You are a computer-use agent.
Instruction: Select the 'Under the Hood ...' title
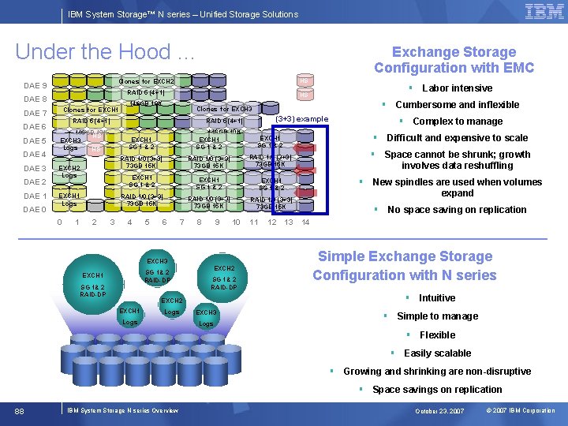pos(104,52)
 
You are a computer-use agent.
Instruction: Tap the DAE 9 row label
pos(35,85)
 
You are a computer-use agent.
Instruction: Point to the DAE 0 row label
pos(35,210)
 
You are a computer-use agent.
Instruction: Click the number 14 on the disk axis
pos(305,222)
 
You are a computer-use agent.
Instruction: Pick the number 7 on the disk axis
pos(181,222)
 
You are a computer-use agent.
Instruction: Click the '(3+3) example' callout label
pos(301,119)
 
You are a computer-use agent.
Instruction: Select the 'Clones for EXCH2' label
pos(146,82)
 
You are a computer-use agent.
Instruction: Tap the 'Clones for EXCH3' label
pos(224,109)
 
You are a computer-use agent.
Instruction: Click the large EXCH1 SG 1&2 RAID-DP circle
pos(92,284)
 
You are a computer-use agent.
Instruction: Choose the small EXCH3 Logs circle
pos(207,317)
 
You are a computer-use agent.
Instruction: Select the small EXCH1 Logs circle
pos(130,316)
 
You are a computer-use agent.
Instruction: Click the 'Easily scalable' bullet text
pos(437,353)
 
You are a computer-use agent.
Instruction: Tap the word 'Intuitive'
pos(436,298)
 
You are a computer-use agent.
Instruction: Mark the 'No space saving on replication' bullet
pos(457,210)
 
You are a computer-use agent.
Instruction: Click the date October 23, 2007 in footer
pos(441,411)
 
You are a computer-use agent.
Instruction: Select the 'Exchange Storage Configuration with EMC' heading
pos(454,60)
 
